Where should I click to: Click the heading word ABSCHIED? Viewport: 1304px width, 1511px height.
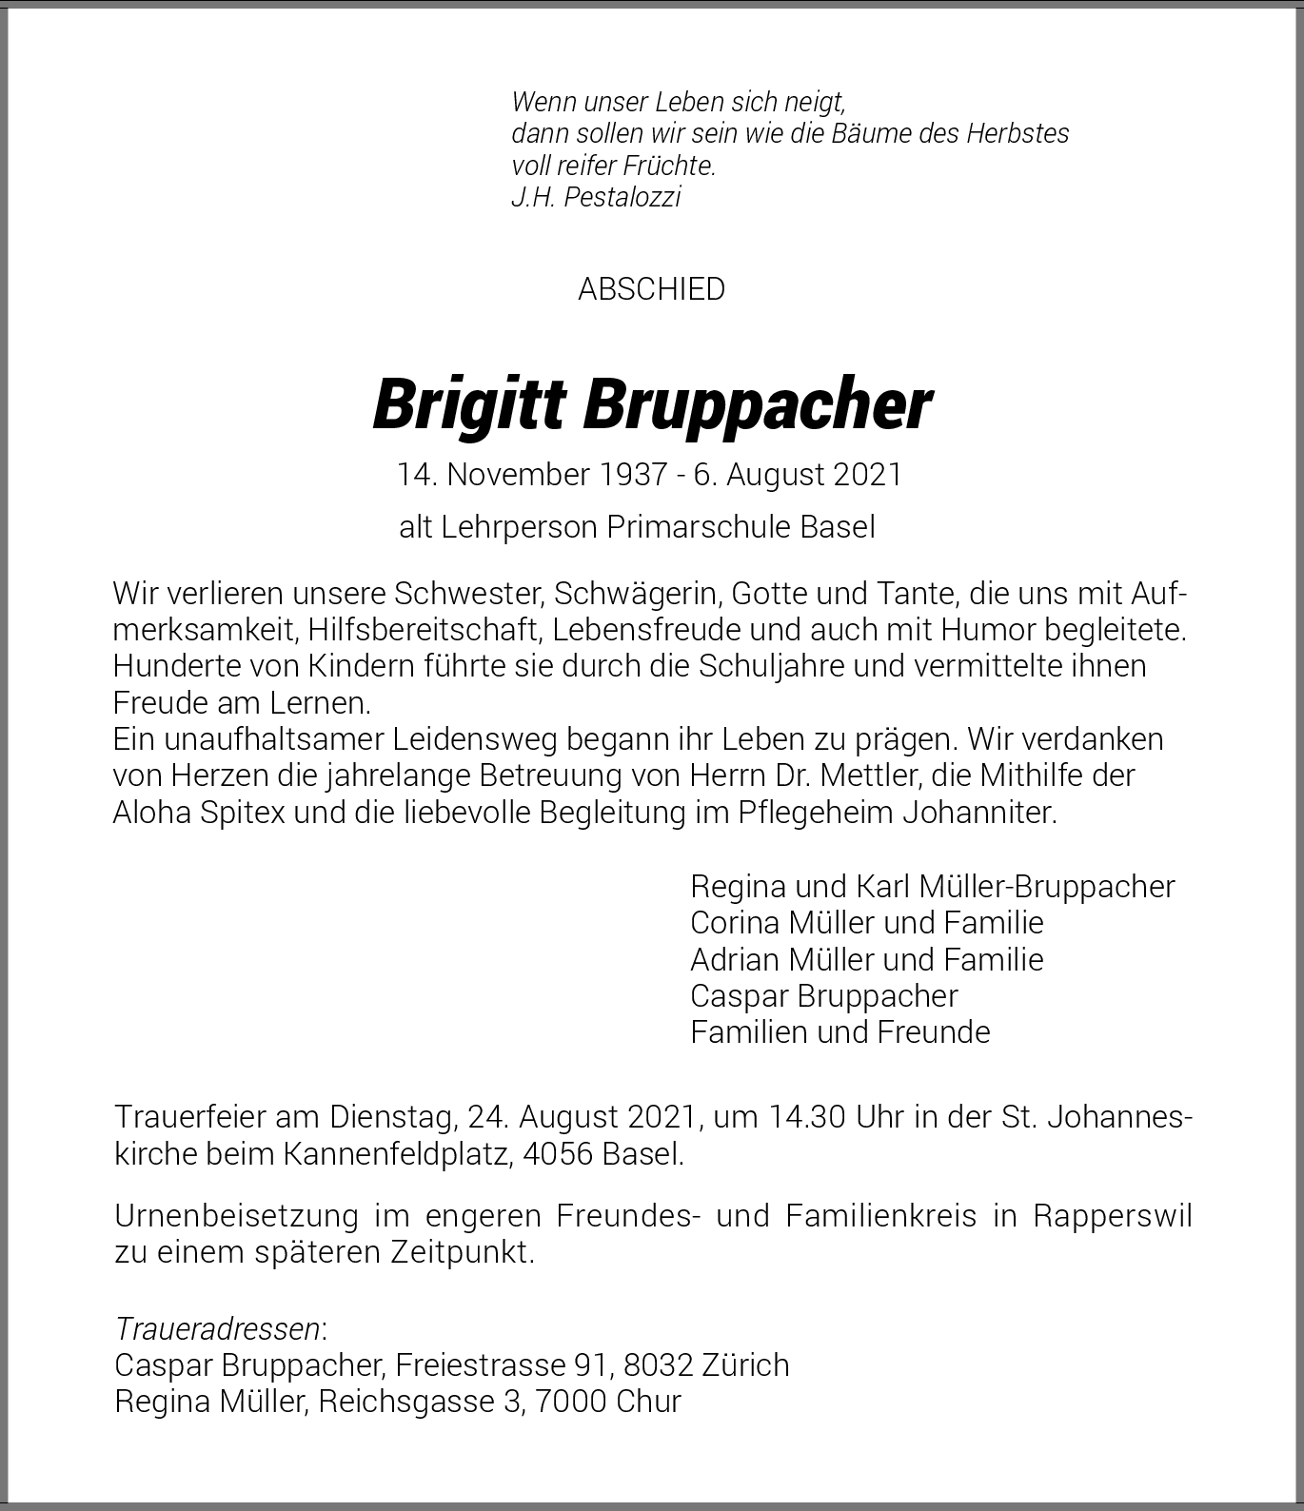[651, 289]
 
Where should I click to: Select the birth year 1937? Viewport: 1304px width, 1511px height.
[633, 474]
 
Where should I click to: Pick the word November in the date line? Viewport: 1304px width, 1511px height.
[519, 474]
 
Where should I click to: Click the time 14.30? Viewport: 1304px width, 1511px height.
[806, 1117]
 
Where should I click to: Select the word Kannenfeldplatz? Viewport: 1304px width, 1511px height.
[385, 1154]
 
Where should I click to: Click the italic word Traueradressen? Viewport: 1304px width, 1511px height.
[217, 1328]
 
